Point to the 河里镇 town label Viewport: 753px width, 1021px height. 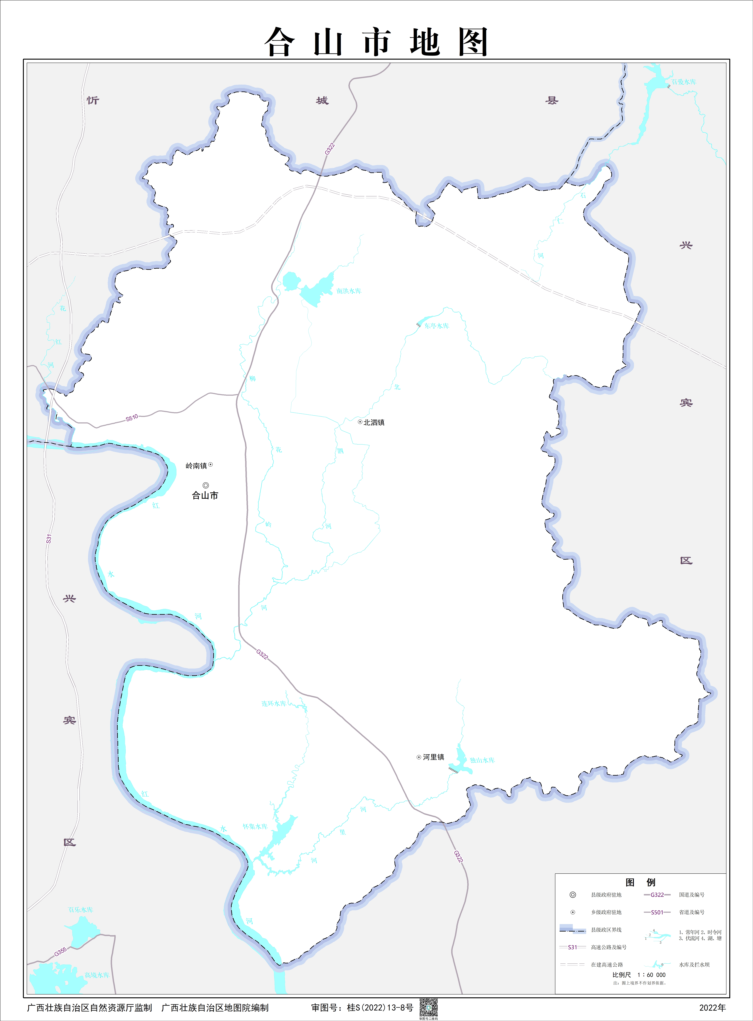pos(433,757)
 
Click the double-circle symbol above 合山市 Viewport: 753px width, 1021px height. pos(206,485)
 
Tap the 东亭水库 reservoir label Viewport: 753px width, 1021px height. pos(437,326)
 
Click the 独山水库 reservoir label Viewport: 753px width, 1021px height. pos(482,760)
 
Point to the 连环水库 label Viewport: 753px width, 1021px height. pos(273,704)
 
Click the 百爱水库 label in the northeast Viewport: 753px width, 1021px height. pos(684,82)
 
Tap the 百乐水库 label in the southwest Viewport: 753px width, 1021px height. pos(81,909)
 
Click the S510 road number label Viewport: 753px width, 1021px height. pos(132,418)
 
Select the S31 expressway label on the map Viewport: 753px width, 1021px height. pos(49,539)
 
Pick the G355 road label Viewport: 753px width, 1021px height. pos(60,952)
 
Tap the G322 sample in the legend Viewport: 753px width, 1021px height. pos(657,895)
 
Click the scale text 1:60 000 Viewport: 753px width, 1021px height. pos(651,975)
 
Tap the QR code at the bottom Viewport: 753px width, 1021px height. pos(428,1007)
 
